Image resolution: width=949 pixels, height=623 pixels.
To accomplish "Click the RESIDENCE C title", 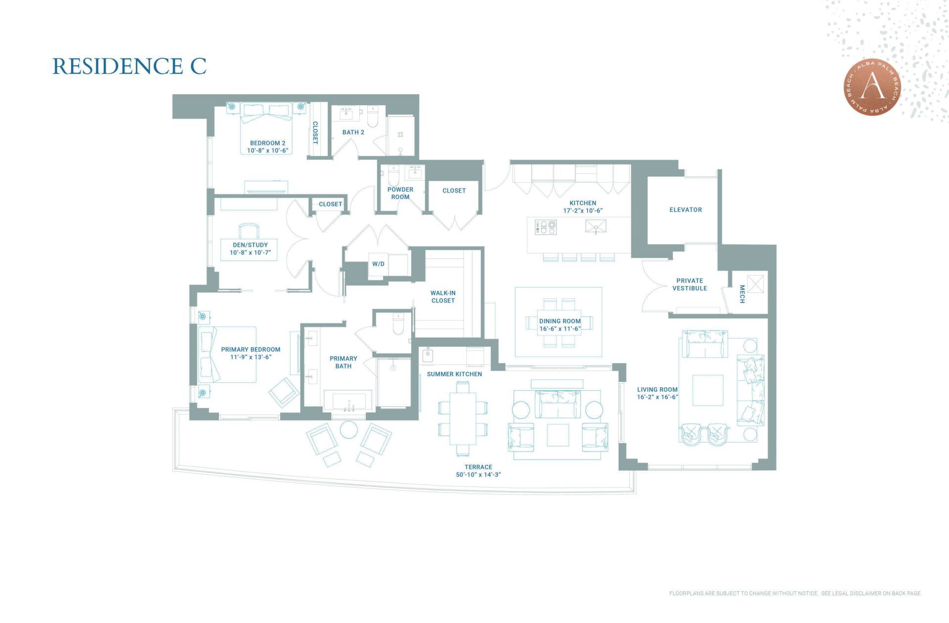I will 129,66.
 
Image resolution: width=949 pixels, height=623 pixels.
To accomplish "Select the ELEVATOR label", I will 685,210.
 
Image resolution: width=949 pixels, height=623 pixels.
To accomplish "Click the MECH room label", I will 741,294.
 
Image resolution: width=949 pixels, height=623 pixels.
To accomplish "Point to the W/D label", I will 378,264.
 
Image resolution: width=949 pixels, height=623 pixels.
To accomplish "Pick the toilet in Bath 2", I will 373,119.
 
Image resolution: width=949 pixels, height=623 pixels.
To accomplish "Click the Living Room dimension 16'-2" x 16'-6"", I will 657,397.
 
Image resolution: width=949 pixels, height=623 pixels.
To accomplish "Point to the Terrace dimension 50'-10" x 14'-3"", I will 478,474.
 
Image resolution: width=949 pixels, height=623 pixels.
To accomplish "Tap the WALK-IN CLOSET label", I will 443,297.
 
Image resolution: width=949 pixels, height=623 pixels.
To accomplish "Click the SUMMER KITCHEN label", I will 454,374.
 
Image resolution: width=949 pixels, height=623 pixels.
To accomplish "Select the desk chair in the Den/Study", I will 249,230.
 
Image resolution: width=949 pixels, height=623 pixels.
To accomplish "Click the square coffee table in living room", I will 707,390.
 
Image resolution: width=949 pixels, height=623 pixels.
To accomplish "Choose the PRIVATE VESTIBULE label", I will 690,285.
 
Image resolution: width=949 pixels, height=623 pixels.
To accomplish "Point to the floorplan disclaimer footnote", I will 795,593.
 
